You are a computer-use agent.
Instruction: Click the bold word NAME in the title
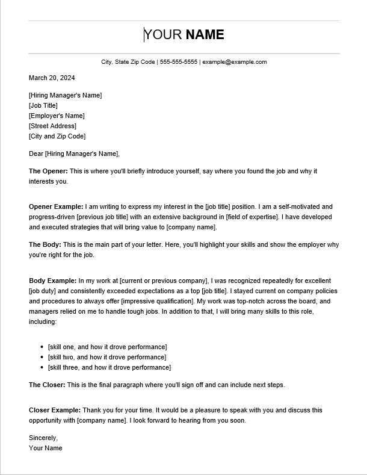[205, 35]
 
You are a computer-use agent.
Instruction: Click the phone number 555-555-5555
[179, 62]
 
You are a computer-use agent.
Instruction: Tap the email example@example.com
[234, 62]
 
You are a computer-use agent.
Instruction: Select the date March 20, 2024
[52, 78]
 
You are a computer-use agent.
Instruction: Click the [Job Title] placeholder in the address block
[43, 105]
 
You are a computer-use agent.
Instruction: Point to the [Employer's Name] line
[57, 116]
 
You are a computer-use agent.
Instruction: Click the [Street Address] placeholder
[52, 126]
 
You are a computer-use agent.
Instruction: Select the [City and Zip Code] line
[57, 136]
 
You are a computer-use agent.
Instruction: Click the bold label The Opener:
[48, 171]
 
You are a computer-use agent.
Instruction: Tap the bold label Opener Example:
[56, 206]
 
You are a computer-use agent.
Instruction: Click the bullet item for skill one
[107, 347]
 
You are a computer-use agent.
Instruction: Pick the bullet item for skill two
[107, 357]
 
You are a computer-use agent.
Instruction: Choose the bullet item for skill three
[109, 367]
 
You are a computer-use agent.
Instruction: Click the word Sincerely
[43, 438]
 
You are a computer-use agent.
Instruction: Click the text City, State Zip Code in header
[128, 62]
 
